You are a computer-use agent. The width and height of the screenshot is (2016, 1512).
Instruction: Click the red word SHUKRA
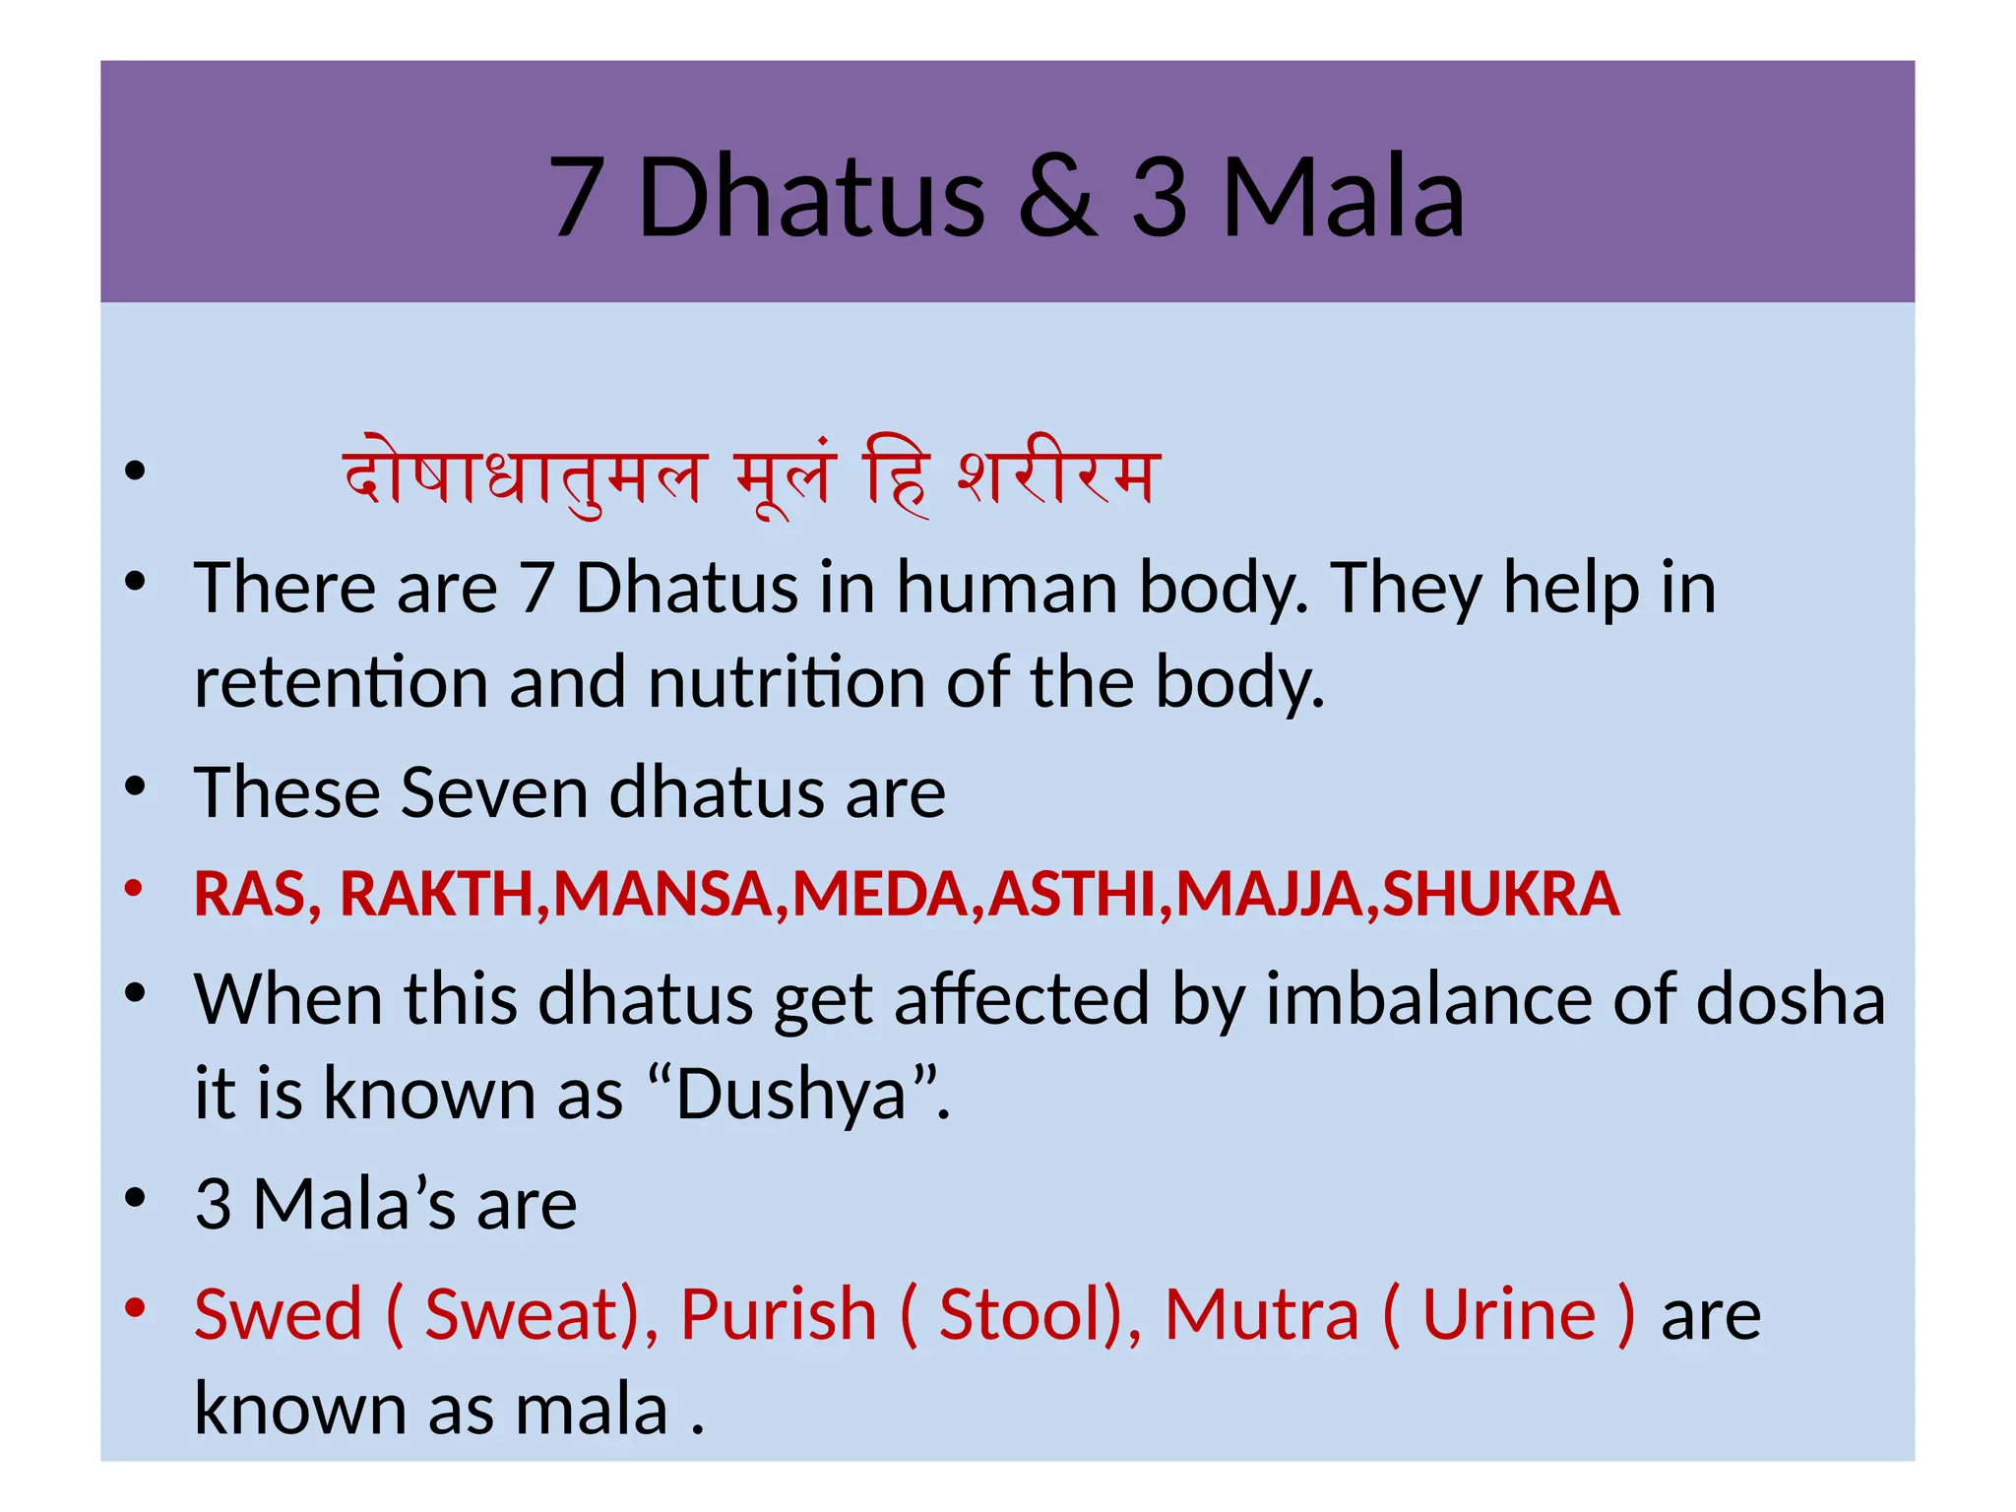pyautogui.click(x=1501, y=894)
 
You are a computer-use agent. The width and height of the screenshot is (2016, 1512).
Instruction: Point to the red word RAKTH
pyautogui.click(x=436, y=894)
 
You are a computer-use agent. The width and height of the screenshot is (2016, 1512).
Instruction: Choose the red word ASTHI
pyautogui.click(x=1072, y=894)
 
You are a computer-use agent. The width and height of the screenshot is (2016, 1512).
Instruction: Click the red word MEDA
pyautogui.click(x=880, y=894)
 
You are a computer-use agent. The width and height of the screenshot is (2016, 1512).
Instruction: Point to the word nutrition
pyautogui.click(x=787, y=682)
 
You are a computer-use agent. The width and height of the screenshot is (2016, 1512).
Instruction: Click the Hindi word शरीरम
pyautogui.click(x=1059, y=477)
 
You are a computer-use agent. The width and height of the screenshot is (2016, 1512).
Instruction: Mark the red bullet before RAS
pyautogui.click(x=135, y=889)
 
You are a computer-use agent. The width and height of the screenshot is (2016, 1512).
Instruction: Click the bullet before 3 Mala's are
pyautogui.click(x=135, y=1199)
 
